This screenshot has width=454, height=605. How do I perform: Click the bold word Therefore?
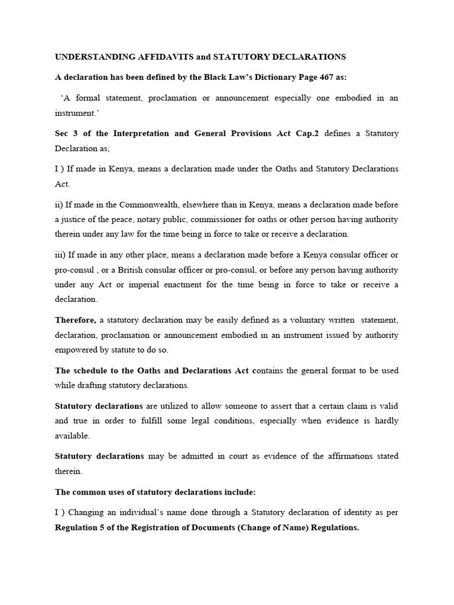(x=76, y=320)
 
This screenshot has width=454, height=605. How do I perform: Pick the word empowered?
(x=78, y=350)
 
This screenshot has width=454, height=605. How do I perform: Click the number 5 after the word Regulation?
(x=104, y=528)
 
